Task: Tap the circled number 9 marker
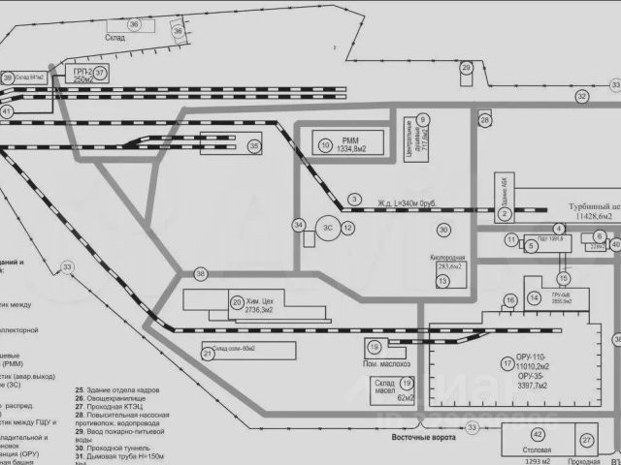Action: pos(423,120)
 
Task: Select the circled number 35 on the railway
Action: pos(254,146)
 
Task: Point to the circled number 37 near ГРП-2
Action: pos(100,73)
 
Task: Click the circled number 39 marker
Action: pos(8,77)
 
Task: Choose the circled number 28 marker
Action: pos(484,120)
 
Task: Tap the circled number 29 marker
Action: pos(467,68)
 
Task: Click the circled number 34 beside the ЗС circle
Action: pos(299,226)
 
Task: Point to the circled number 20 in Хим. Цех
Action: pos(237,302)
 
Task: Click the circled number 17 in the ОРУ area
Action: pos(507,364)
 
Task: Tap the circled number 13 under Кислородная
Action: pos(442,281)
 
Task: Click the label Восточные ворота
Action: pos(422,438)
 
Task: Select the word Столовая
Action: pos(536,452)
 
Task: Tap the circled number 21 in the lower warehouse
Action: pos(208,355)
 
